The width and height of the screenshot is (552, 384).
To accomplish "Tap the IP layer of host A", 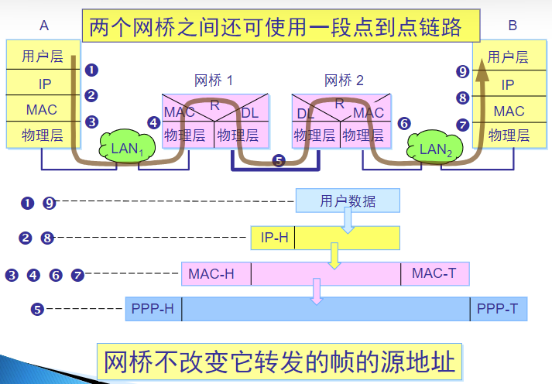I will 43,84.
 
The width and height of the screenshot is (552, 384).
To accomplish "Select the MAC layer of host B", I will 509,111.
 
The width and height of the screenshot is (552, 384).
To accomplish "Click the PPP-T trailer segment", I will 498,310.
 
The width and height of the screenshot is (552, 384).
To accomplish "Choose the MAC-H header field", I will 211,273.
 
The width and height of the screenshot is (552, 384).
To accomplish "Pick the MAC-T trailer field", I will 434,273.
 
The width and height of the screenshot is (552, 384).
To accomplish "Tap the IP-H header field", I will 273,237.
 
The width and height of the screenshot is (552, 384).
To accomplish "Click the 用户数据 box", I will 348,201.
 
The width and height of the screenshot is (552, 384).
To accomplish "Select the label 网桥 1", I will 214,80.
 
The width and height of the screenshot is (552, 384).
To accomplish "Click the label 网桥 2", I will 344,80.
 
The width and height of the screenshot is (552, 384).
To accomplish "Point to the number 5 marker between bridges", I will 279,161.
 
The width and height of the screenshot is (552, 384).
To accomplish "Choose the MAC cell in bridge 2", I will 369,113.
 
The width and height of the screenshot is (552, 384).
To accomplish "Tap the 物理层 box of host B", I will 509,135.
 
